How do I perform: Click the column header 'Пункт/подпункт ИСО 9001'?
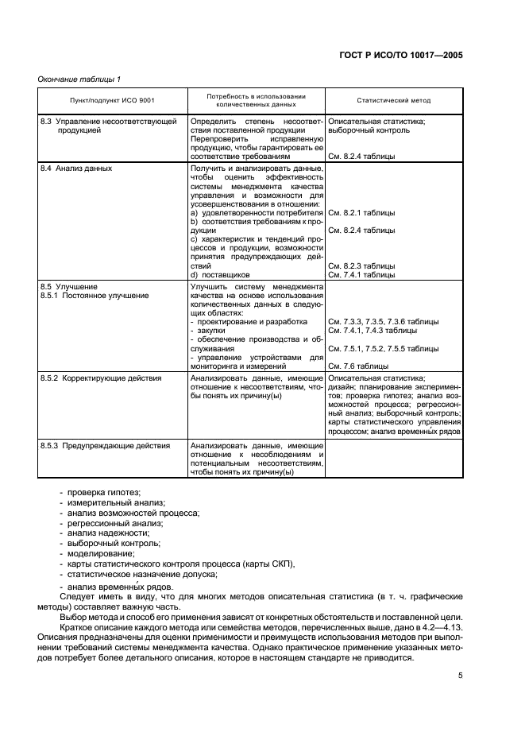click(x=103, y=101)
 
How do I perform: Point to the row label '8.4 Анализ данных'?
click(x=76, y=169)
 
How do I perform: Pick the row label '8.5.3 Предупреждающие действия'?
click(x=105, y=446)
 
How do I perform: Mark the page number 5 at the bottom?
click(x=460, y=676)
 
